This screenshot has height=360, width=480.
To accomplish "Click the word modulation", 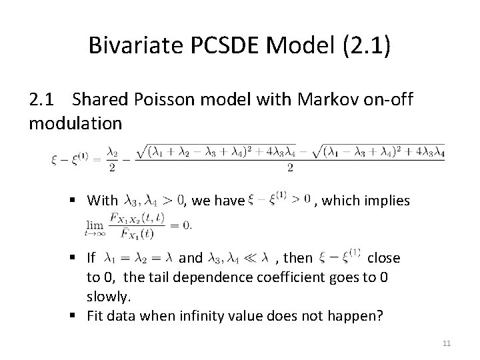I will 75,123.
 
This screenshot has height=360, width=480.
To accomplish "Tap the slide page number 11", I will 447,343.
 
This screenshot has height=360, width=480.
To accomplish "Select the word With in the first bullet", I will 102,200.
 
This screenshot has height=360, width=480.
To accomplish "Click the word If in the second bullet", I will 91,257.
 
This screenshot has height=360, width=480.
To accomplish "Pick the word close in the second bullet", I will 383,257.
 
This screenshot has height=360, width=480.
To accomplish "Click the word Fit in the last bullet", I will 96,315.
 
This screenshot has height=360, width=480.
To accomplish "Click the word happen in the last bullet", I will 357,315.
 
